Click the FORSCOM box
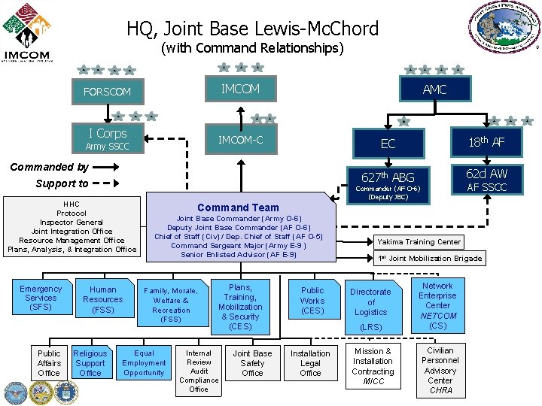107,92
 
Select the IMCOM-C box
240,140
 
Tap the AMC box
434,89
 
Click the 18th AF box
487,143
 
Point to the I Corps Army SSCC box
107,138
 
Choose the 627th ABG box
388,177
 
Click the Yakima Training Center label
419,241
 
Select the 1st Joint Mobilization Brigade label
429,258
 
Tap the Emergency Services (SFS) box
41,298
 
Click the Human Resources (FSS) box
103,298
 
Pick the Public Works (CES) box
312,300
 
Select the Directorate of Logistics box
370,302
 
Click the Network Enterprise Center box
437,305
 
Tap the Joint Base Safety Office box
252,363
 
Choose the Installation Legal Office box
310,363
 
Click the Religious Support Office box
90,362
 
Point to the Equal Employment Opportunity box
144,362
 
